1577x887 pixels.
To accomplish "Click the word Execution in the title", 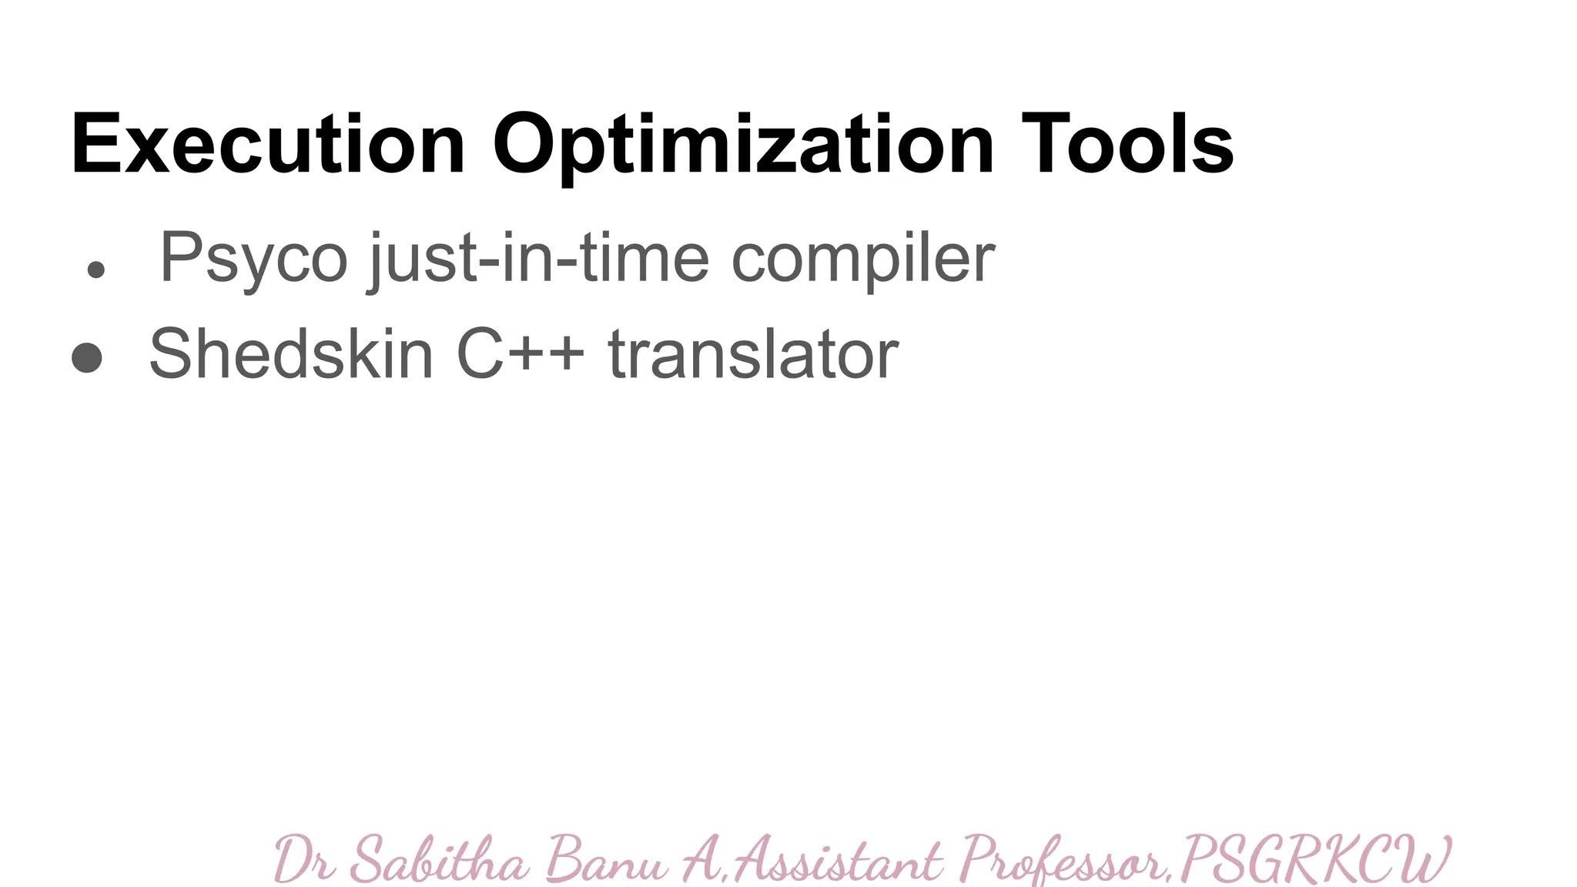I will pyautogui.click(x=268, y=145).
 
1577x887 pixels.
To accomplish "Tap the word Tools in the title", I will pyautogui.click(x=1127, y=145).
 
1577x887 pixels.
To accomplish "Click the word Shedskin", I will pyautogui.click(x=291, y=354).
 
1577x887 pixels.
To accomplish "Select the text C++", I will pyautogui.click(x=520, y=354).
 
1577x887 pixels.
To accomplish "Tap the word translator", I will pyautogui.click(x=753, y=354).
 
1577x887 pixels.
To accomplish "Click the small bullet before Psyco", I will pyautogui.click(x=95, y=269).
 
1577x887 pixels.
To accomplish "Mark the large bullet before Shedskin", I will pyautogui.click(x=87, y=357).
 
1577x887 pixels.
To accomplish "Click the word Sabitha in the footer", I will pyautogui.click(x=439, y=859).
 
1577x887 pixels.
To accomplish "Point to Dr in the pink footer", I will pyautogui.click(x=303, y=859).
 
